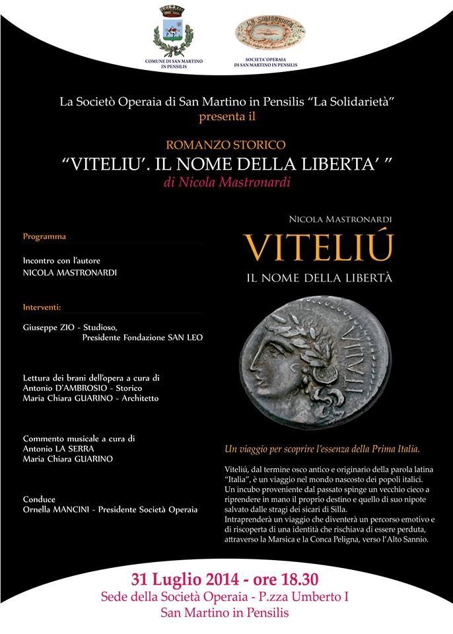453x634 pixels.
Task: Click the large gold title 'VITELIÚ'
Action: point(319,248)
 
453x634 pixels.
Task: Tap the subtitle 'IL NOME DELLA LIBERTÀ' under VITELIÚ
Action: point(319,278)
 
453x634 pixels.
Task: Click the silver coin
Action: point(319,359)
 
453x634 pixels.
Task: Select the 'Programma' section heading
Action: point(44,236)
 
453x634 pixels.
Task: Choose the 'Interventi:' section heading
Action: point(42,307)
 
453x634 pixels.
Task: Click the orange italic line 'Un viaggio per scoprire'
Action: point(322,449)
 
